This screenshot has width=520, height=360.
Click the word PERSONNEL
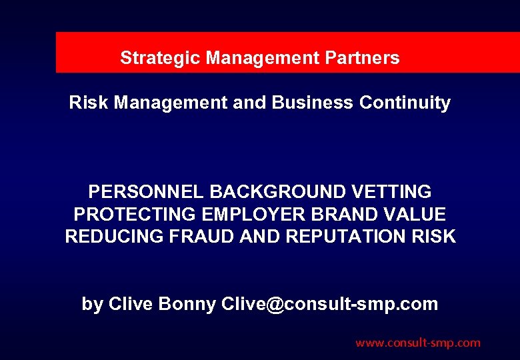pos(147,192)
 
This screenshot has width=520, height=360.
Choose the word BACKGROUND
pos(277,192)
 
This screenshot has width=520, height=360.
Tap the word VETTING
pos(391,192)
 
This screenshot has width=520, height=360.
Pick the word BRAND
pos(351,215)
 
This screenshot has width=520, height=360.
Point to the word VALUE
pos(418,215)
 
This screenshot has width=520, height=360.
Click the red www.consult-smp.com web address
pos(418,343)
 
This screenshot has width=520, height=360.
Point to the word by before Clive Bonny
pos(92,304)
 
